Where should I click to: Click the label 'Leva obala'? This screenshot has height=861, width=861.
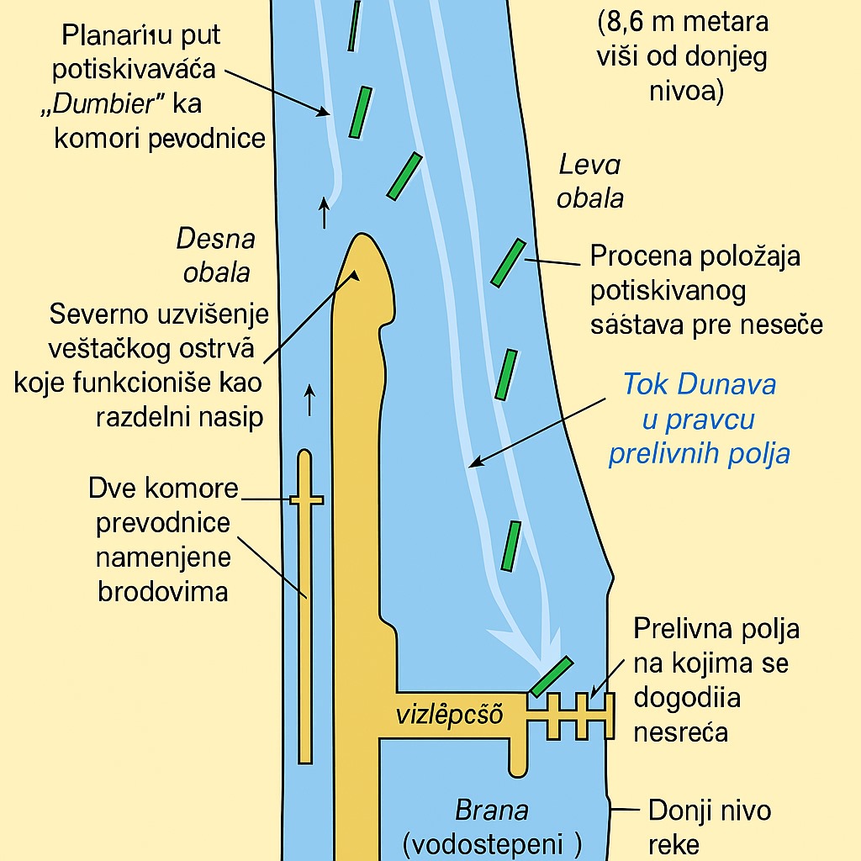(590, 181)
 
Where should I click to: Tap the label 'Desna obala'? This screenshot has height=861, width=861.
(216, 256)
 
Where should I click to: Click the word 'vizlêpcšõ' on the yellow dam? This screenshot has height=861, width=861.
(449, 716)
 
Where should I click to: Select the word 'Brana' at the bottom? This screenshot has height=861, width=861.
(492, 811)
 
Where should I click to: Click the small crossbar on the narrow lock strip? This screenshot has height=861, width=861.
(306, 499)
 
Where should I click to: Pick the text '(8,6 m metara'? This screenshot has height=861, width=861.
(683, 24)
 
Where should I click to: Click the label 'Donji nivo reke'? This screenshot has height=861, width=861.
(710, 827)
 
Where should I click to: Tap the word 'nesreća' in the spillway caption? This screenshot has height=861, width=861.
(681, 732)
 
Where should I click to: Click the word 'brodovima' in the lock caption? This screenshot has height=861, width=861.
(163, 591)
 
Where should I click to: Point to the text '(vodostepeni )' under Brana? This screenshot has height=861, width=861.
(493, 843)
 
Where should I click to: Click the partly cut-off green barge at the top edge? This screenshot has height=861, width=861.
(355, 25)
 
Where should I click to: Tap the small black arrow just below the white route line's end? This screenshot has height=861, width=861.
(325, 214)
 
